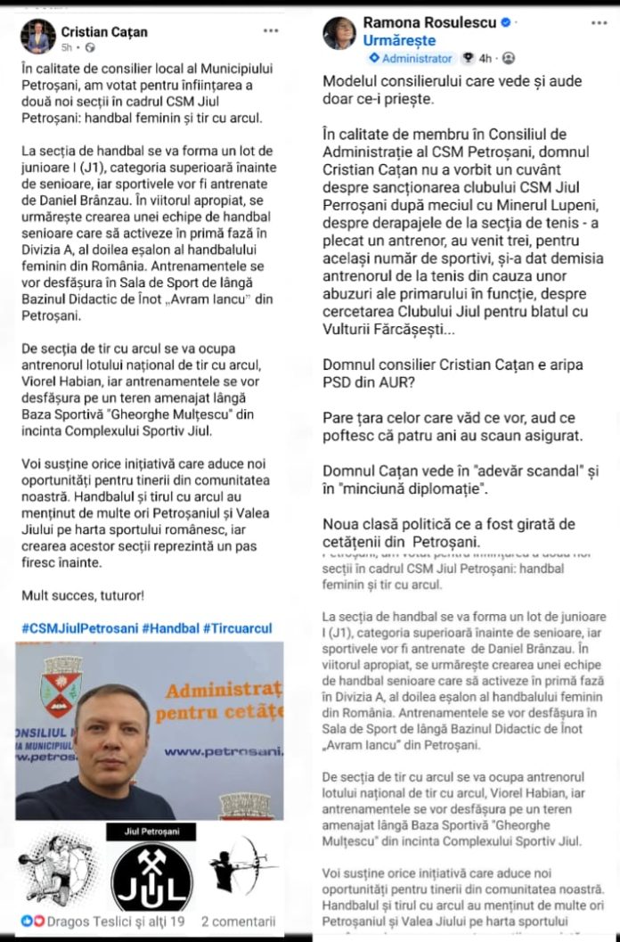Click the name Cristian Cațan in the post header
point(105,32)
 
